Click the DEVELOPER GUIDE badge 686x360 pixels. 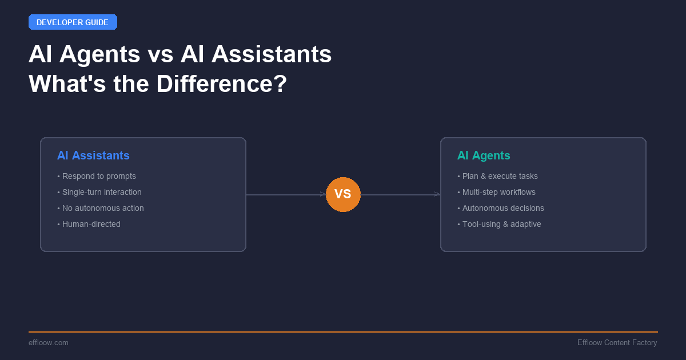73,22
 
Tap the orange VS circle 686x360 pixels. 343,194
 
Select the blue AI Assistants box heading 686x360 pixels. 93,155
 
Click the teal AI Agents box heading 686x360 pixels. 484,155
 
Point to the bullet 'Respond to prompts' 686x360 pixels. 99,176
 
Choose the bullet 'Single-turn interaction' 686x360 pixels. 102,192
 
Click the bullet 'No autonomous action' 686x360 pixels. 103,208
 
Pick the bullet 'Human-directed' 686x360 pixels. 91,224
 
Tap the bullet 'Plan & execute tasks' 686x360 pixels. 500,176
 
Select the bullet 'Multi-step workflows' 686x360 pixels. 498,192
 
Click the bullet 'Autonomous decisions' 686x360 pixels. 503,208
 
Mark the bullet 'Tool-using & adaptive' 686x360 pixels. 501,224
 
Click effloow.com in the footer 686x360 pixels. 49,342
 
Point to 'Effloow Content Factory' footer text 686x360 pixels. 617,342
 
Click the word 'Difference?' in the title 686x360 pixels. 222,84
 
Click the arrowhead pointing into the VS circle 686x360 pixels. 323,194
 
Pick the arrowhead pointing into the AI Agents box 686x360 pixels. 437,194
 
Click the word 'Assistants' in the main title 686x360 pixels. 272,54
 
